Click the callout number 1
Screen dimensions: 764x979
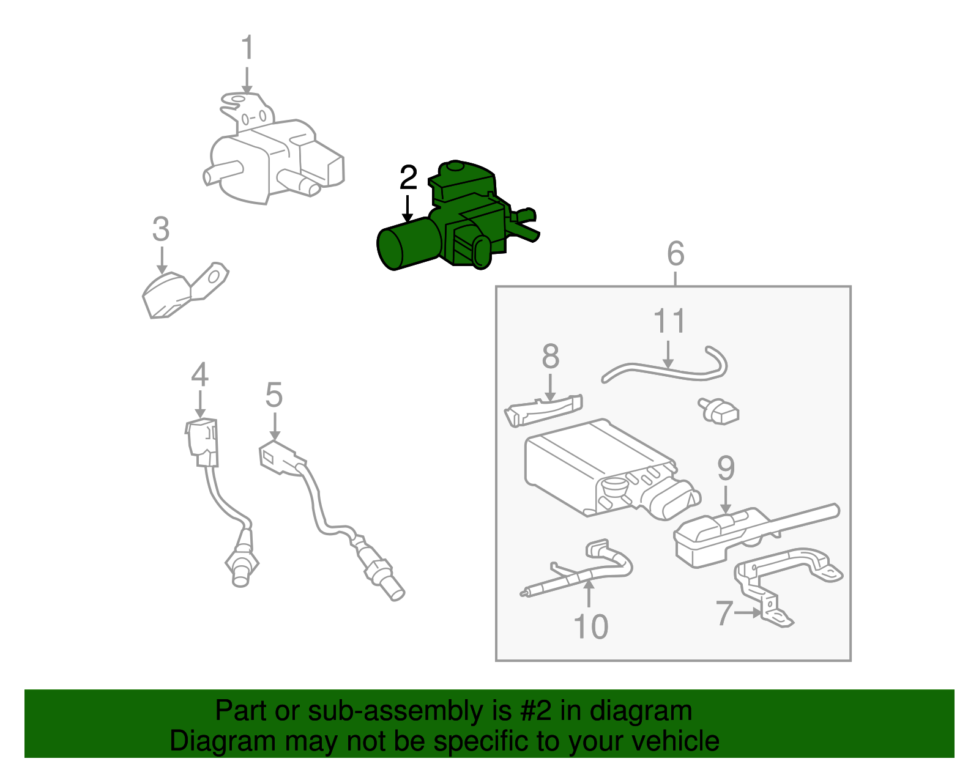247,48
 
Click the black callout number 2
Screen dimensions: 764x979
408,178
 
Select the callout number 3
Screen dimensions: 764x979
160,230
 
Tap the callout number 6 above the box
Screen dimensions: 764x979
675,253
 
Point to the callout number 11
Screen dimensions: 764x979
669,322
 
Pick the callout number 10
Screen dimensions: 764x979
590,627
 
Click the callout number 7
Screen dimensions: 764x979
724,613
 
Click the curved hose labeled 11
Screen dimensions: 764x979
661,370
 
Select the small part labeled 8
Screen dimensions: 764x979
543,409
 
